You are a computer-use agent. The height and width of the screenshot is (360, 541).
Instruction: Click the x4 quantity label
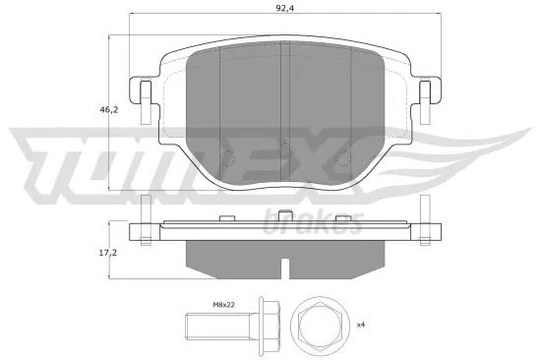tap(361, 324)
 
